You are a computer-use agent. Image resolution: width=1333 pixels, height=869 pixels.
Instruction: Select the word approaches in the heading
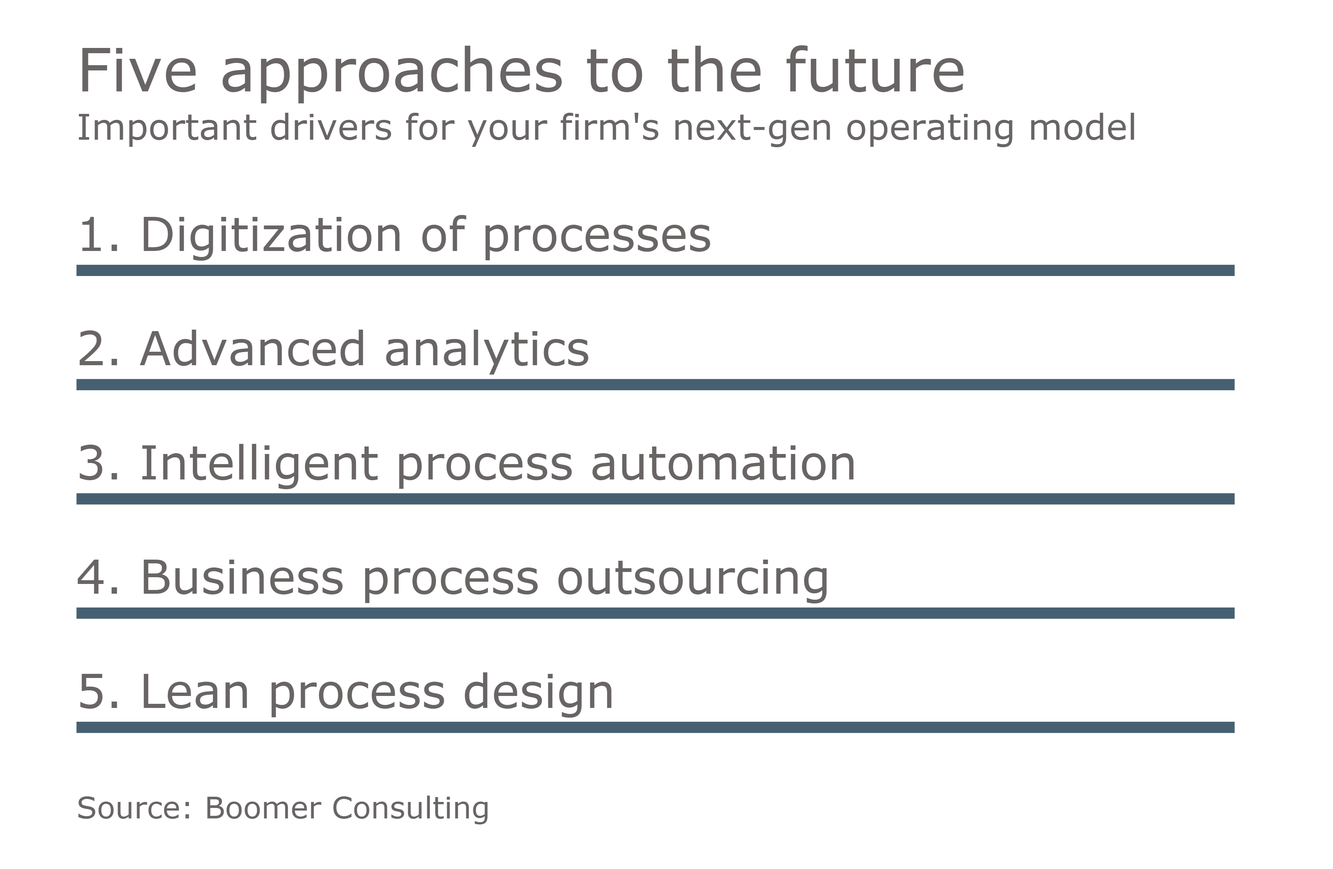pyautogui.click(x=392, y=73)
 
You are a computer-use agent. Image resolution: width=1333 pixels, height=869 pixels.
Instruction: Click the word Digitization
pyautogui.click(x=271, y=235)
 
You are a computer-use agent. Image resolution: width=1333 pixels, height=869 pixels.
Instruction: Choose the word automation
pyautogui.click(x=723, y=464)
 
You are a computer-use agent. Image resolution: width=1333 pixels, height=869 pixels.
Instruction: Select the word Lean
pyautogui.click(x=195, y=693)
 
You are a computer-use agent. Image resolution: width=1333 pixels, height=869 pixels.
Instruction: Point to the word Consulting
pyautogui.click(x=410, y=809)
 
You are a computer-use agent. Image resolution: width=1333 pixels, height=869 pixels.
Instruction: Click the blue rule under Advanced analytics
pyautogui.click(x=655, y=384)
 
